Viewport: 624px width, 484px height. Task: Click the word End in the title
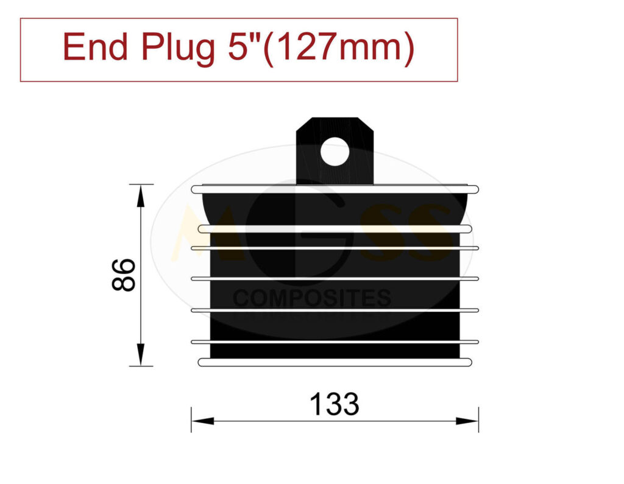click(95, 47)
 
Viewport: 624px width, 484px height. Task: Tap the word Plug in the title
click(178, 49)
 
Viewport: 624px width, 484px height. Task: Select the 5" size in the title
click(244, 46)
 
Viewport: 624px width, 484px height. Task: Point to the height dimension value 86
click(124, 275)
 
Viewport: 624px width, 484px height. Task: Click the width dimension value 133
click(335, 404)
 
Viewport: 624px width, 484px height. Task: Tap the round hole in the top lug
click(335, 152)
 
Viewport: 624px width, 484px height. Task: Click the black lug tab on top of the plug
click(335, 150)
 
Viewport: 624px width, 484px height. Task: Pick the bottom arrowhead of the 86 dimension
click(141, 354)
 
